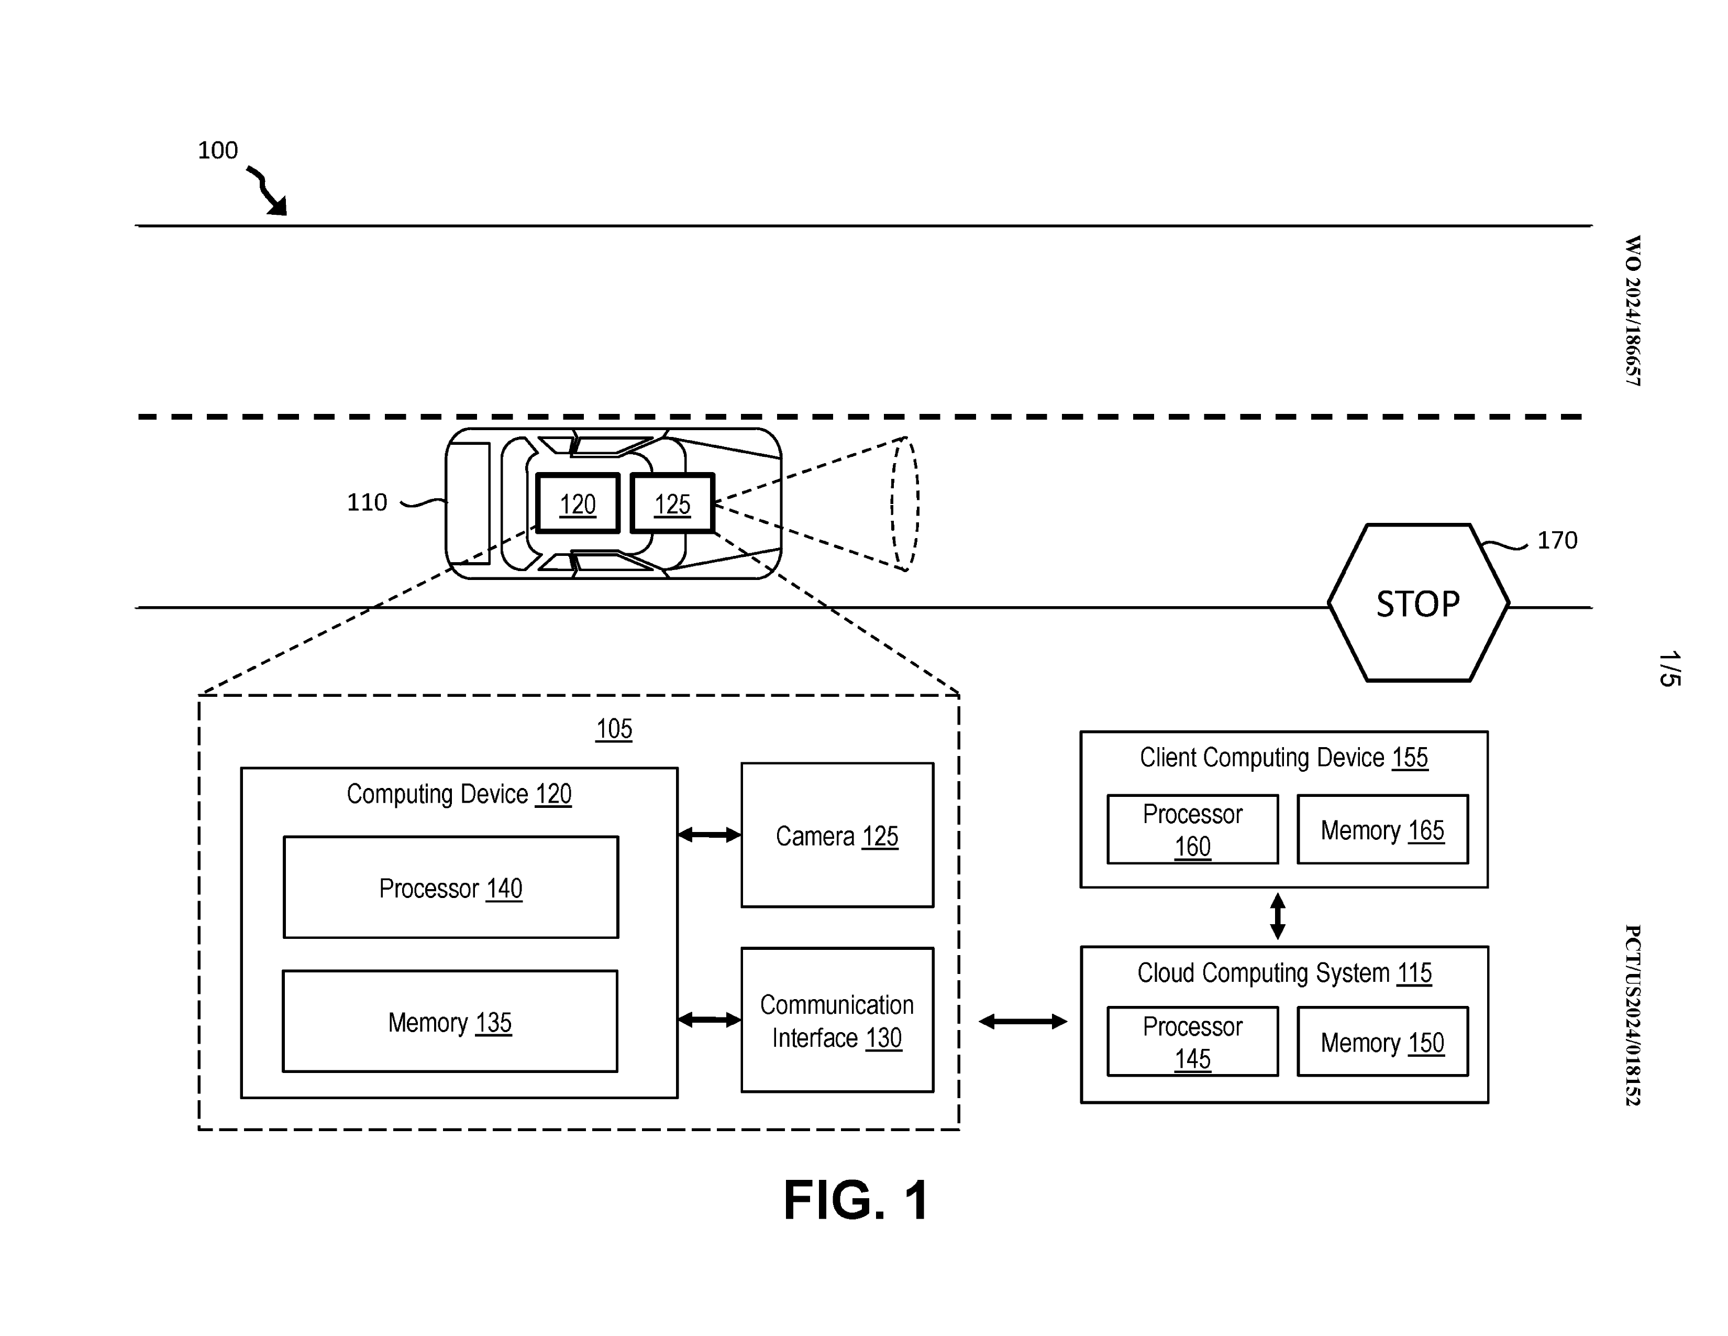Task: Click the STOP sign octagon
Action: tap(1418, 603)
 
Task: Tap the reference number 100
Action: tap(218, 150)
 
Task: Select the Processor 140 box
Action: tap(450, 887)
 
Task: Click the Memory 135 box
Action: tap(449, 1021)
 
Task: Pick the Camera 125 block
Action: tap(837, 835)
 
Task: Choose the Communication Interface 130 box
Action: tap(837, 1020)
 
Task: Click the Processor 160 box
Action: tap(1192, 829)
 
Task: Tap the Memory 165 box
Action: tap(1382, 829)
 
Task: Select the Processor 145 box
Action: tap(1192, 1042)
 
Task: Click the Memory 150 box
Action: tap(1382, 1042)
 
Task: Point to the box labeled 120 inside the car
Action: tap(578, 503)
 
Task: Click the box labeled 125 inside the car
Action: tap(672, 503)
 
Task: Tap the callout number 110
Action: tap(367, 502)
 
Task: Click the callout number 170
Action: tap(1556, 541)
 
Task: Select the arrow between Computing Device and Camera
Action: tap(710, 834)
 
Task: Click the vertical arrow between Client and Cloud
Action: tap(1277, 916)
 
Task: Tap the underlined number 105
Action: tap(614, 729)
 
